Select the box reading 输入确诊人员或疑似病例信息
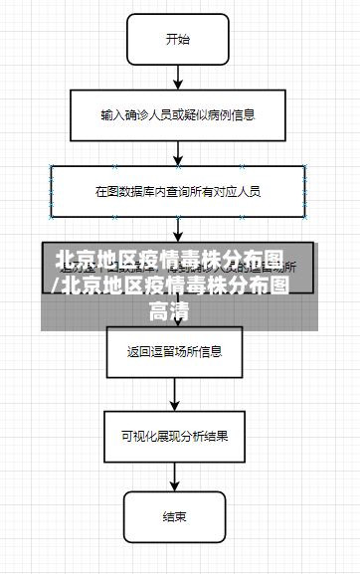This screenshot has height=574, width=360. pos(177,115)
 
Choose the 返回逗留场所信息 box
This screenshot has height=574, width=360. pos(174,351)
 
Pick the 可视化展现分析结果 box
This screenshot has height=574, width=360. pos(174,435)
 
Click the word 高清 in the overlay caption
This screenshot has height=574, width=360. pos(169,311)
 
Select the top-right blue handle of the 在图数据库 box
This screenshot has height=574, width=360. pos(305,166)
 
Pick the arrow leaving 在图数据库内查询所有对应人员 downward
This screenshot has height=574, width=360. pos(177,229)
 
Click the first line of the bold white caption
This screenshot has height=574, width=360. pos(169,261)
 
